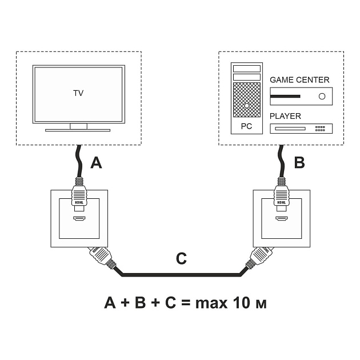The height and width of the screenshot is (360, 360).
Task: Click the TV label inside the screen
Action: click(x=78, y=93)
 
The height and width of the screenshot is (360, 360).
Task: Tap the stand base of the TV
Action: click(x=78, y=130)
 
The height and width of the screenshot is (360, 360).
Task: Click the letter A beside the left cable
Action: click(x=97, y=163)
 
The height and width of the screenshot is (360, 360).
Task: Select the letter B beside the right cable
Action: click(x=299, y=163)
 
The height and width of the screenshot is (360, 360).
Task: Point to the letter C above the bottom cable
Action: click(x=181, y=259)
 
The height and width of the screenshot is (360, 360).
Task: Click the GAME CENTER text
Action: click(x=299, y=80)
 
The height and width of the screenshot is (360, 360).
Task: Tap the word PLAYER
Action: click(x=285, y=116)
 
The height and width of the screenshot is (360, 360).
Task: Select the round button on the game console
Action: click(x=322, y=96)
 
